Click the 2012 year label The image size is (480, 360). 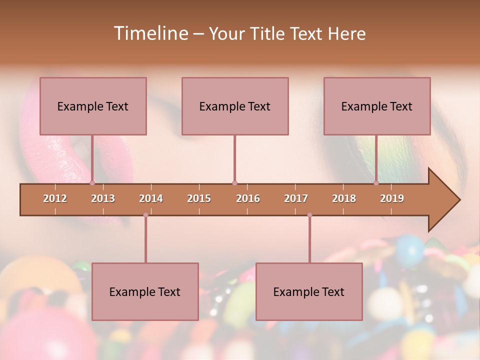pos(55,198)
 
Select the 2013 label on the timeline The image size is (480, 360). pos(103,198)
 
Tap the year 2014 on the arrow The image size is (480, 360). pos(151,198)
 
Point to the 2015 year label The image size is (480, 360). pos(199,198)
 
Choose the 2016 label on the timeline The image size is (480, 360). pos(248,198)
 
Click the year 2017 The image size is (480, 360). pos(296,198)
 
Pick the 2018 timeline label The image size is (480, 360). pos(344,198)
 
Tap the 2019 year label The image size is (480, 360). pos(392,198)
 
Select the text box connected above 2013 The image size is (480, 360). pos(93,106)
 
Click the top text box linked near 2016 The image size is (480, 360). pos(235,106)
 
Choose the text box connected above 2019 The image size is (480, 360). pos(377,106)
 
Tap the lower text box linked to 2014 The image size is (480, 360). pos(145,291)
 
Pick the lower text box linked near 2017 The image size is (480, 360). pos(309,291)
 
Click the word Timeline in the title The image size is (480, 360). pos(150,33)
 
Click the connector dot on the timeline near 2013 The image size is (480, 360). pos(92,183)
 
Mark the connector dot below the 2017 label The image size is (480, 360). pos(309,215)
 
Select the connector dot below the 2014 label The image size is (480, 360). pos(145,215)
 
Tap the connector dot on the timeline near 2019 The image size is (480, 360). pos(376,183)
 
